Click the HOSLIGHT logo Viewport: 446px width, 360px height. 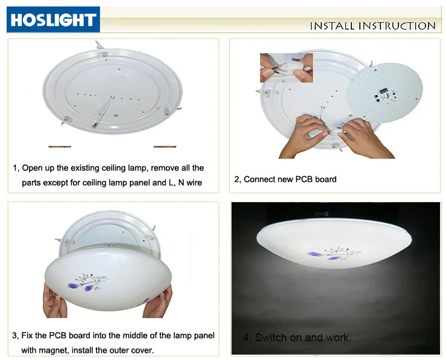52,20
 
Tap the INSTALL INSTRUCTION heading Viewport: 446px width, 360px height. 372,26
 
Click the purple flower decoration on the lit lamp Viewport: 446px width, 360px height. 319,254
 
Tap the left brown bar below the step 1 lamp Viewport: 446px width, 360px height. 60,146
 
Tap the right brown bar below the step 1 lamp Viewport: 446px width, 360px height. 164,146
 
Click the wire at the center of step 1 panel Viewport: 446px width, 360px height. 104,112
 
